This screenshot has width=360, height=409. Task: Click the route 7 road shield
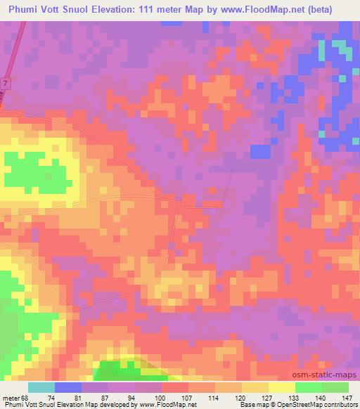click(6, 84)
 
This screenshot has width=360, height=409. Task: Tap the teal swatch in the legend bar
click(41, 387)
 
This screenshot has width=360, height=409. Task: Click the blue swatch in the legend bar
click(68, 387)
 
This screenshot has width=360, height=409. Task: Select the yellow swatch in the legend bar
click(281, 387)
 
